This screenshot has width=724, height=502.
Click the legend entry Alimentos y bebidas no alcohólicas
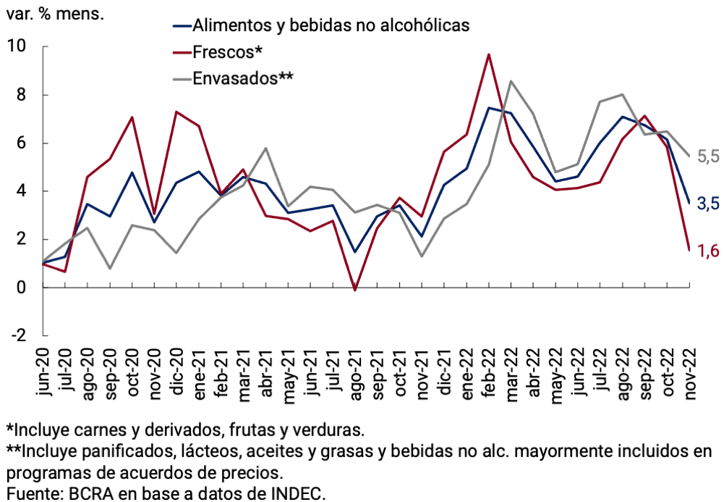[x=331, y=26]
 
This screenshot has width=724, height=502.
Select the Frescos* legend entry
[x=227, y=52]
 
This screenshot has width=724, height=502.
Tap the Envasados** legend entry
[x=242, y=78]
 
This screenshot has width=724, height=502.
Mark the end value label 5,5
[x=708, y=156]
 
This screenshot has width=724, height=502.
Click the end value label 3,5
[x=708, y=204]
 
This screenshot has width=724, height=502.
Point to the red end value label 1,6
[x=708, y=251]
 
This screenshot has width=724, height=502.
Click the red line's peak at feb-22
[x=489, y=54]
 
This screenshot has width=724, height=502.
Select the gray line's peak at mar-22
[x=511, y=81]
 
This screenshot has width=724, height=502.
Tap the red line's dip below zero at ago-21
[x=354, y=290]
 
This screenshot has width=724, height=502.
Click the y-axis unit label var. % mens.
[x=54, y=14]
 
